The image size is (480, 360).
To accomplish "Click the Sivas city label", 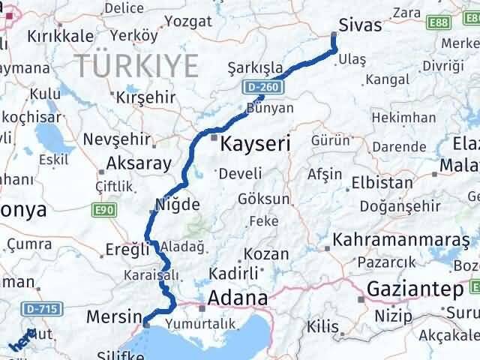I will point(361,25).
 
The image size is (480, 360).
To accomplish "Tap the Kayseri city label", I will point(255,142).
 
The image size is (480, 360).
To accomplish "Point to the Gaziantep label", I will point(415,289).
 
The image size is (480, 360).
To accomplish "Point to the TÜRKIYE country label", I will point(136,66).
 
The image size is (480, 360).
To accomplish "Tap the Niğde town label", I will point(177,204).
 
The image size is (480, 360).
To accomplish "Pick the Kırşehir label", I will point(145,97).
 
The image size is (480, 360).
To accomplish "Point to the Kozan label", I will point(267,254).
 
